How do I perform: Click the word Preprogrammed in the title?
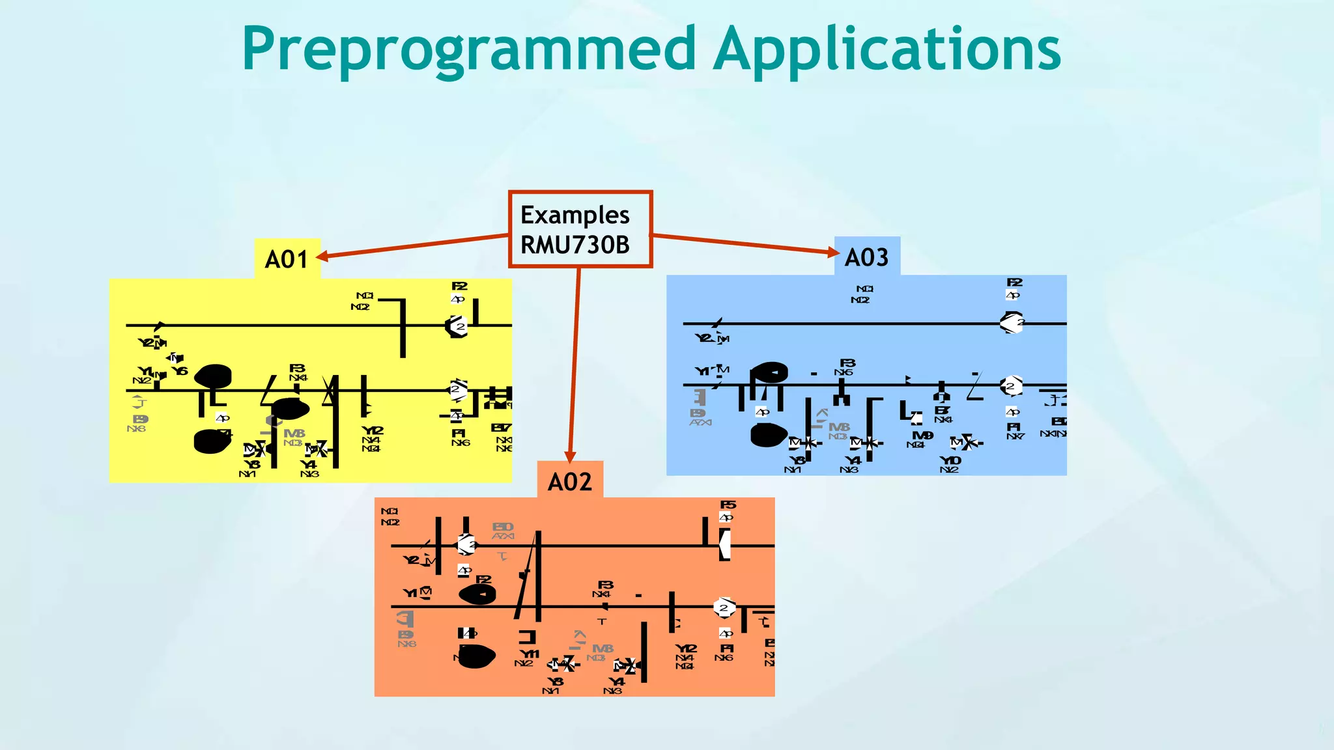pyautogui.click(x=469, y=49)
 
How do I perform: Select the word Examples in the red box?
pyautogui.click(x=575, y=215)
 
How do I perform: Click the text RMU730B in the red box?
pyautogui.click(x=575, y=245)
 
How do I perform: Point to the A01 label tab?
pyautogui.click(x=287, y=259)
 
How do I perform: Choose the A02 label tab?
pyautogui.click(x=570, y=482)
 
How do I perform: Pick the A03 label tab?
pyautogui.click(x=866, y=257)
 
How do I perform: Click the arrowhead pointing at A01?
pyautogui.click(x=322, y=257)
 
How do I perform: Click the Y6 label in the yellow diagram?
pyautogui.click(x=180, y=371)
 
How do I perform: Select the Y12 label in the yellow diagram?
pyautogui.click(x=373, y=430)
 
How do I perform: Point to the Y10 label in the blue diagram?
pyautogui.click(x=950, y=460)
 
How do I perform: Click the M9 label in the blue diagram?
pyautogui.click(x=922, y=436)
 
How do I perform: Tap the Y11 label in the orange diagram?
pyautogui.click(x=529, y=654)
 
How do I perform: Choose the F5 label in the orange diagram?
pyautogui.click(x=728, y=505)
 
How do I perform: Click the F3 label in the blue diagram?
pyautogui.click(x=847, y=363)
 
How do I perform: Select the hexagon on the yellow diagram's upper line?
pyautogui.click(x=457, y=326)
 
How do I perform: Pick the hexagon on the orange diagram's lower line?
pyautogui.click(x=724, y=607)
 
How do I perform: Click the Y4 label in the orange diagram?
pyautogui.click(x=616, y=682)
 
